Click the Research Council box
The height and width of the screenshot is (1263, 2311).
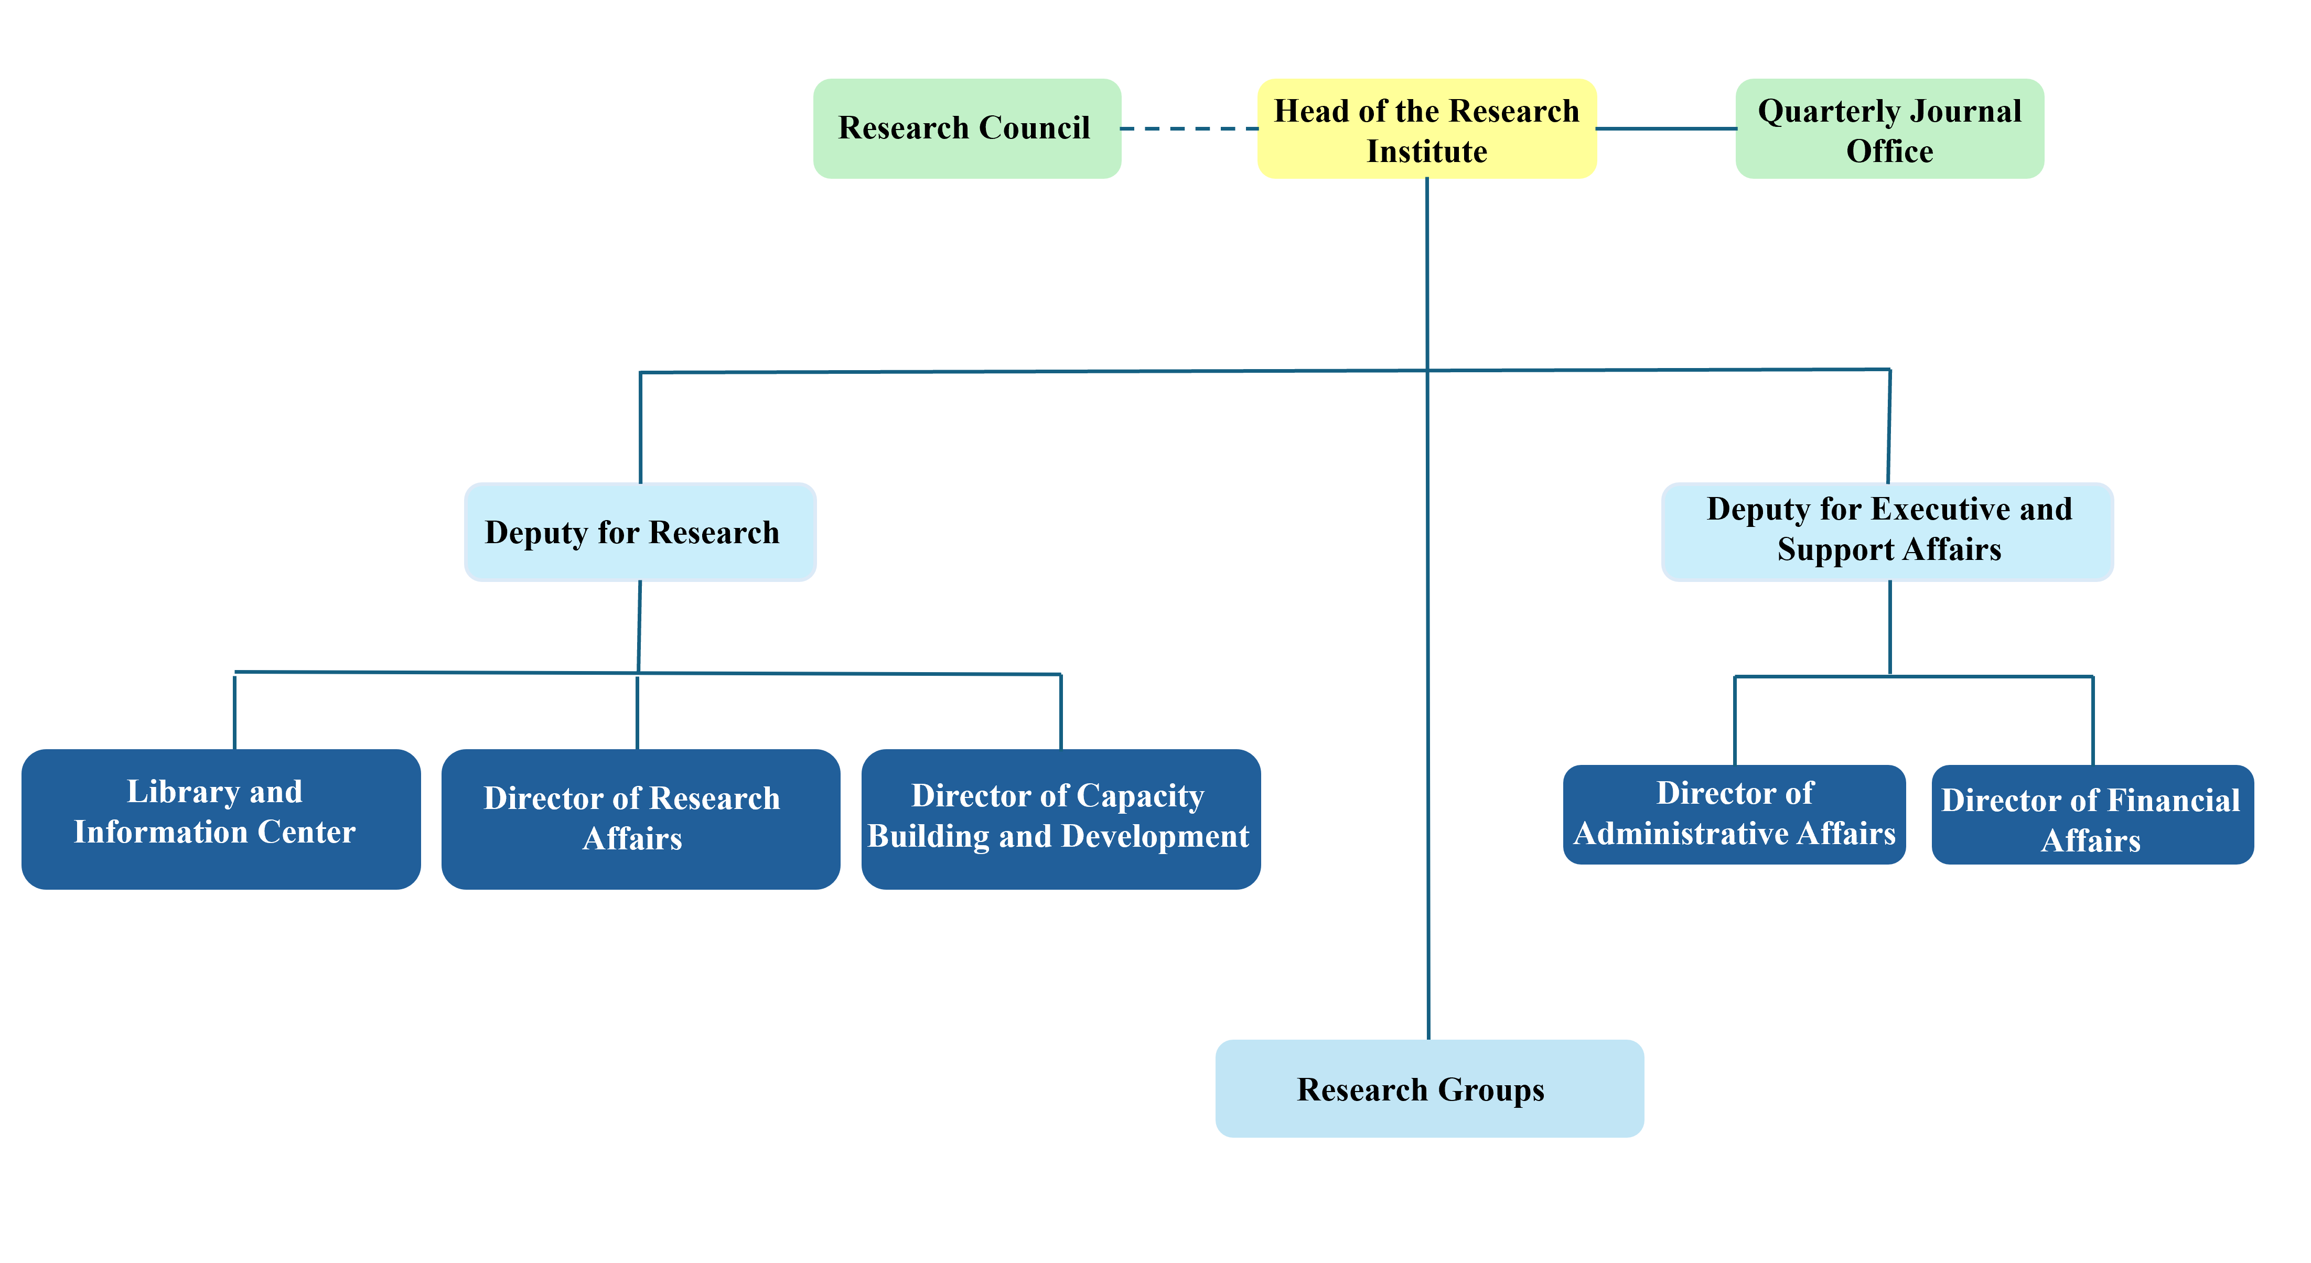967,128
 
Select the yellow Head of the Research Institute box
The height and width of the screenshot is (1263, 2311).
1426,128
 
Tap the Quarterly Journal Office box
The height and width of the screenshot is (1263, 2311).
1889,128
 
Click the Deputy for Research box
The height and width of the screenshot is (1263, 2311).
640,532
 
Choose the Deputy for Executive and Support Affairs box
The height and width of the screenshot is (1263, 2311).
1888,532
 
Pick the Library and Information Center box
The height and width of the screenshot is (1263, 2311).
221,819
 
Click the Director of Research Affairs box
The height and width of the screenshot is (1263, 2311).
641,819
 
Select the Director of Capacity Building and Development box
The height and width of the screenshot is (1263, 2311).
1060,819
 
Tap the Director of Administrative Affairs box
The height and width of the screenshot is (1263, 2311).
1734,815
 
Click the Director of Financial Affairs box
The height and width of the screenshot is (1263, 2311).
2092,815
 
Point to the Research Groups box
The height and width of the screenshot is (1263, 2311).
1429,1088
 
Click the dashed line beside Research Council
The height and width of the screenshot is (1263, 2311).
1190,128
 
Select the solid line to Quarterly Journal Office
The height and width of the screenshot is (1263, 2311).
1666,128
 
